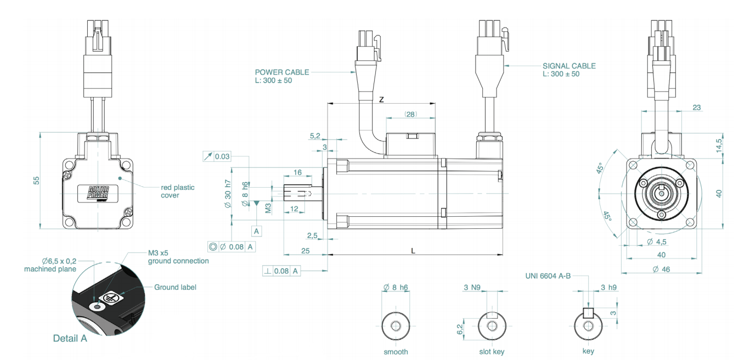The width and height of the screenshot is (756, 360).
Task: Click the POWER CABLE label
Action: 282,72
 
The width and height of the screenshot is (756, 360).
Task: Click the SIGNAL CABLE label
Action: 569,66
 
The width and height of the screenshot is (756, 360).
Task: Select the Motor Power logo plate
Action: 98,194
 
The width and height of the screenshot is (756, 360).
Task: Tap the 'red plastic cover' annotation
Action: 178,191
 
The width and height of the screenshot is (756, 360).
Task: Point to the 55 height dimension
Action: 36,181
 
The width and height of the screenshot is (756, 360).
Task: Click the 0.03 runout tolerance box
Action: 217,156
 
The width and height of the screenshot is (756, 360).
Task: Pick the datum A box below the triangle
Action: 257,232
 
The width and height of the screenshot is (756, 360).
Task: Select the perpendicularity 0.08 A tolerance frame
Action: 281,271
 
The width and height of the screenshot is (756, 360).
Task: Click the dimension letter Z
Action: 381,100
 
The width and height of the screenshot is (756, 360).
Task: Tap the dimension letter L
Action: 413,251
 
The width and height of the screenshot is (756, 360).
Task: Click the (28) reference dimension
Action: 410,115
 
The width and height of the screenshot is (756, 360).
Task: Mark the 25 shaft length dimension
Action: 305,251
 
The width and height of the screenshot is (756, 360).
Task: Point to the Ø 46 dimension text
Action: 661,269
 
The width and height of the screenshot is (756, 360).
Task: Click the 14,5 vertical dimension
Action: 719,145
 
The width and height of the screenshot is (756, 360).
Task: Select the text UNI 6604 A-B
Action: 548,276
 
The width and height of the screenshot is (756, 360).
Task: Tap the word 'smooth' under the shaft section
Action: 396,352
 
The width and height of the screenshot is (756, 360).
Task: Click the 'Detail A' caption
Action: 70,339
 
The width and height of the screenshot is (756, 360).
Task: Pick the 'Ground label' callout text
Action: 175,287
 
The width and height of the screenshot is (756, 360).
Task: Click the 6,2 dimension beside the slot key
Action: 460,329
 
